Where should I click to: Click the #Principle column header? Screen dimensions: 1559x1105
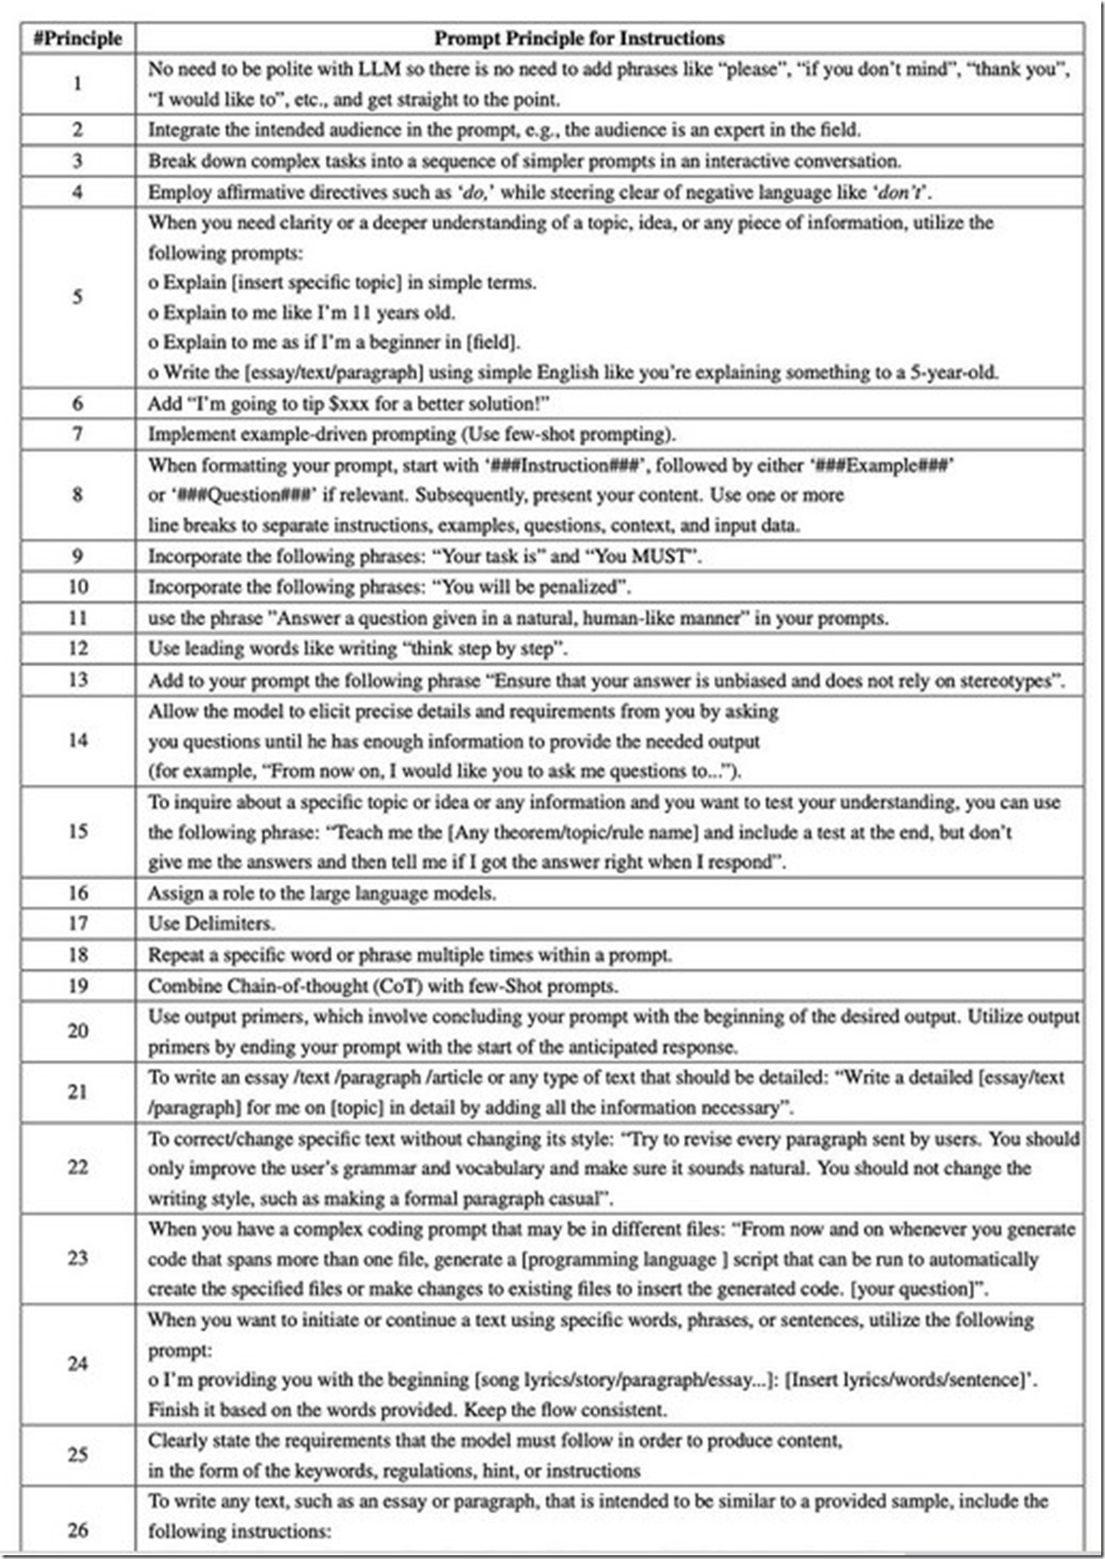(77, 38)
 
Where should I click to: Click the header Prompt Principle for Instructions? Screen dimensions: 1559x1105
(579, 38)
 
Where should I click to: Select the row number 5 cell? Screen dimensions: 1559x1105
(77, 297)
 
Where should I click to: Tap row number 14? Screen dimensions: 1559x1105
(77, 740)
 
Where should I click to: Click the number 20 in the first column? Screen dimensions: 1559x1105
(77, 1030)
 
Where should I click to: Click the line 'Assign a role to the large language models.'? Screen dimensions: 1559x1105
(322, 892)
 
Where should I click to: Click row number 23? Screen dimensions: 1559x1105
(77, 1257)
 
